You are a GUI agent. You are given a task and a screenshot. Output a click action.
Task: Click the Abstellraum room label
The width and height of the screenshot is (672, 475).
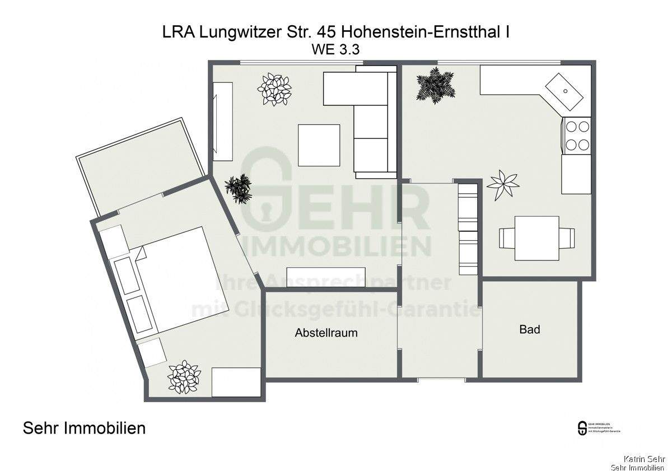pos(326,333)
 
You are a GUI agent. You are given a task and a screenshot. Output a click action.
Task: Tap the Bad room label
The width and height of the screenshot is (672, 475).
pos(529,329)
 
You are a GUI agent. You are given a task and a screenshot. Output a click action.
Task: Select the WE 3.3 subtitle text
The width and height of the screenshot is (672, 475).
pos(335,49)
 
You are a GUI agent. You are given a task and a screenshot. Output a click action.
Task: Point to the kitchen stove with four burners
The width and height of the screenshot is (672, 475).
pos(576,136)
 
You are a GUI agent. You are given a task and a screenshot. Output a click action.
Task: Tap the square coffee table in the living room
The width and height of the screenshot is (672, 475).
pos(319,145)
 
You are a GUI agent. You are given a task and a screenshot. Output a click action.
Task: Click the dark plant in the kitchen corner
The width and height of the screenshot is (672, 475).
pos(435,85)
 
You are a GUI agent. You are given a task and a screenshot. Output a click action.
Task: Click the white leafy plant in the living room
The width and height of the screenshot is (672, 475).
pos(274,89)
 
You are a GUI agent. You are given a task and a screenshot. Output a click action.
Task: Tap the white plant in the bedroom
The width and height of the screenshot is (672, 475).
pos(184,378)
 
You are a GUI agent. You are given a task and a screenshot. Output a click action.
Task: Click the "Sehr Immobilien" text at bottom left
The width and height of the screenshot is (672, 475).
pos(84,429)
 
